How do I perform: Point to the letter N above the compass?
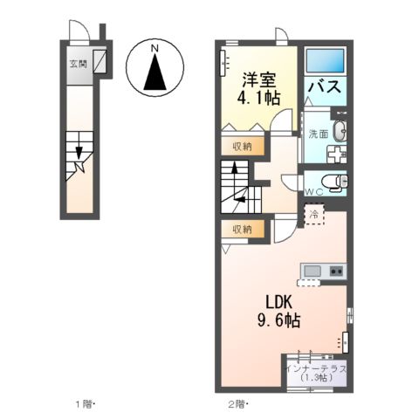click(154, 48)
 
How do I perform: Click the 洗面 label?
click(317, 134)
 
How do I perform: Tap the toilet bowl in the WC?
click(339, 182)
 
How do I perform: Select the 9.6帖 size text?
click(278, 321)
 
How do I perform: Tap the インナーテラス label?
click(317, 368)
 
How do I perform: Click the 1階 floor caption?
click(84, 405)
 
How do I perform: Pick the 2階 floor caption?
click(237, 405)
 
